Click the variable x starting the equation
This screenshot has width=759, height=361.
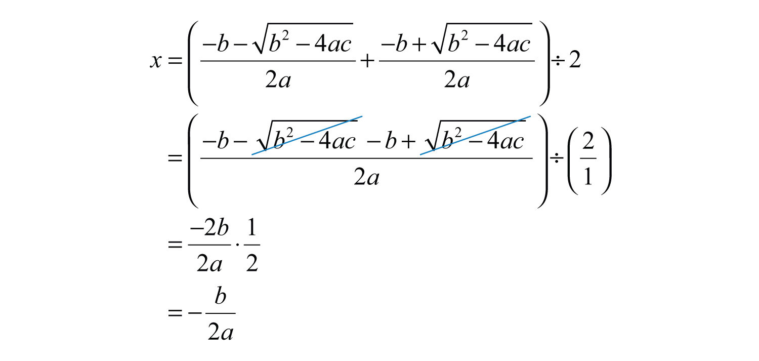tap(156, 61)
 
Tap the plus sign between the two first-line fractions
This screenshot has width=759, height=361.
tap(367, 61)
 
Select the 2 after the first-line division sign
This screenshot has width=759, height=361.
tap(575, 60)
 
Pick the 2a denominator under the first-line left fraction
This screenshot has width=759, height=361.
tap(278, 81)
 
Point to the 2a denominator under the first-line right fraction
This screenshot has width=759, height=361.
tap(457, 81)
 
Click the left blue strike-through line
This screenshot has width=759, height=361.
tap(307, 136)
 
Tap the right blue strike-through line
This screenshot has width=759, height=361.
tap(476, 136)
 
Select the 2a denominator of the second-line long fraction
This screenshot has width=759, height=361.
tap(366, 177)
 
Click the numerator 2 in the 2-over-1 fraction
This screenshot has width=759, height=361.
tap(588, 141)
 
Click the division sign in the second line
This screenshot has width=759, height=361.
tap(557, 158)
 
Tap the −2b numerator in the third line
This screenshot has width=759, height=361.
tap(209, 228)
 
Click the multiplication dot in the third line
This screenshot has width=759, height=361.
tap(237, 245)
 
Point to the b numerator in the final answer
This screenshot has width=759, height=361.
tap(220, 296)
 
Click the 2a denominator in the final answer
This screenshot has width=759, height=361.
tap(221, 332)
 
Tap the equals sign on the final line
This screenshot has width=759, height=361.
tap(175, 312)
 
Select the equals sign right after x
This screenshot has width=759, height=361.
tap(175, 61)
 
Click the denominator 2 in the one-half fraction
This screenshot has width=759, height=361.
tap(252, 263)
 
